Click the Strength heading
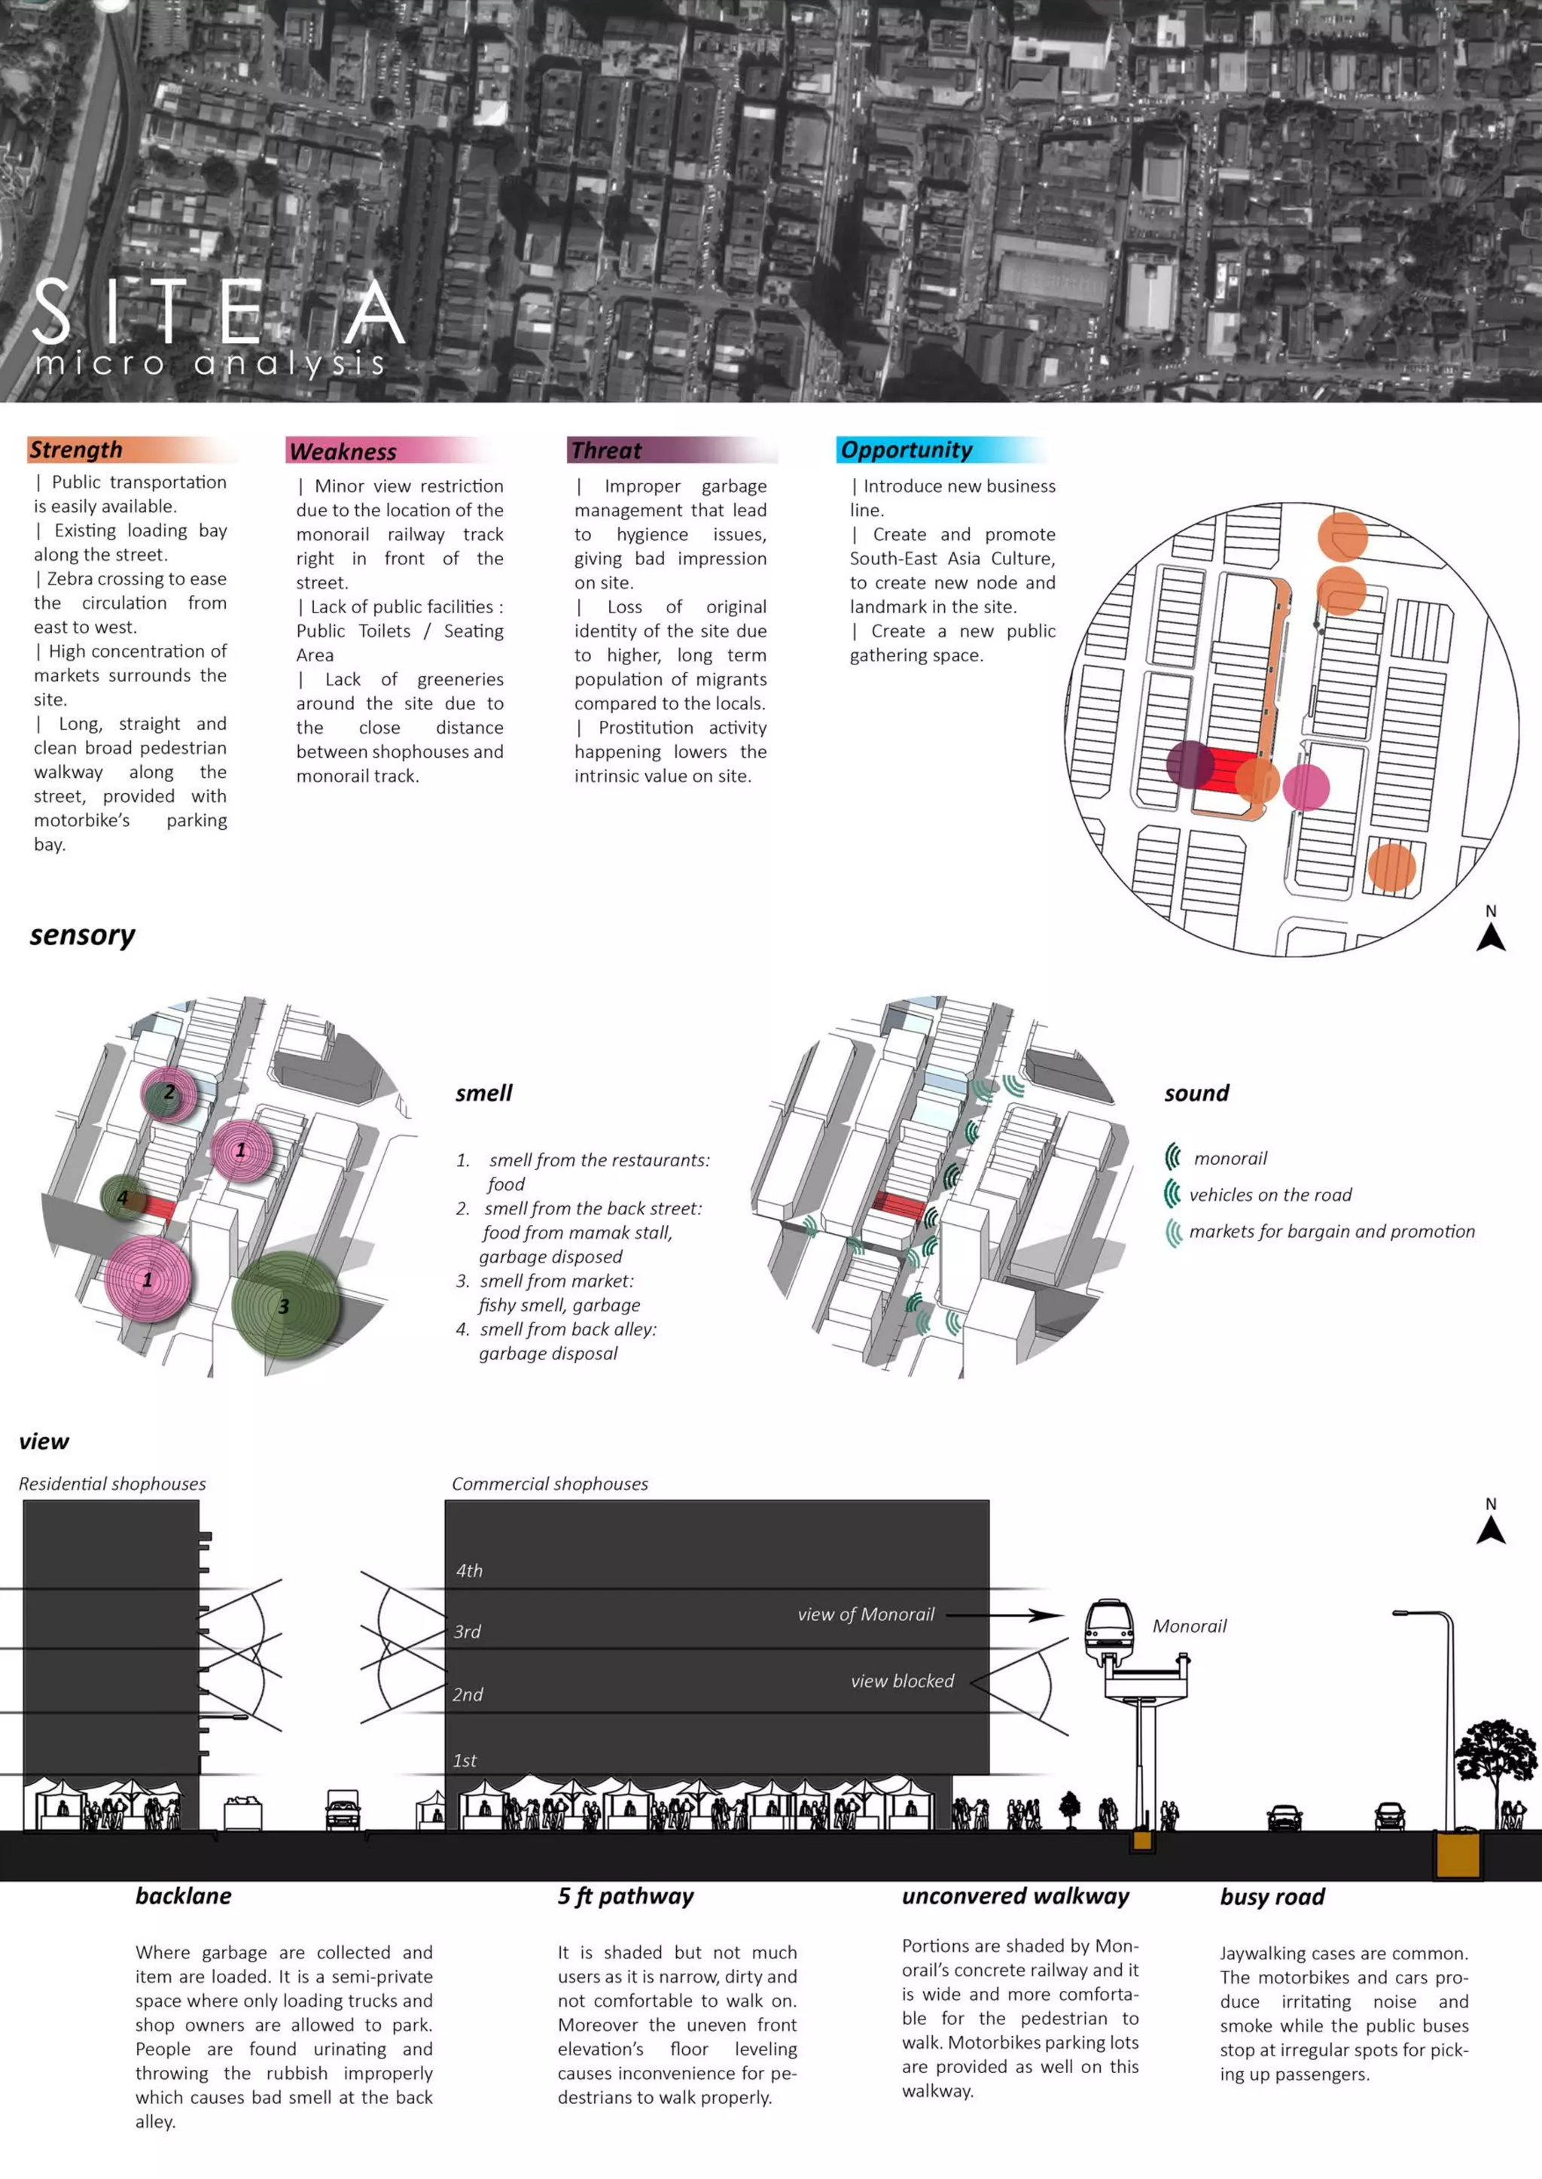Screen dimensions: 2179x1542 click(x=76, y=449)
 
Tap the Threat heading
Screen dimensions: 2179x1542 click(x=606, y=451)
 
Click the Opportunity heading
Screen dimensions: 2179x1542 click(x=906, y=450)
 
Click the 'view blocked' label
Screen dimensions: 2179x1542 click(x=902, y=1681)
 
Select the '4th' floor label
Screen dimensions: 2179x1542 click(x=469, y=1570)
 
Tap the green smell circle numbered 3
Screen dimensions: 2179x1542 click(x=284, y=1307)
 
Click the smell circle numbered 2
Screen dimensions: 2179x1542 click(x=169, y=1093)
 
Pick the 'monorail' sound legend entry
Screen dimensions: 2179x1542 click(x=1230, y=1158)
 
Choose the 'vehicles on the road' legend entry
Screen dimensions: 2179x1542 click(x=1269, y=1195)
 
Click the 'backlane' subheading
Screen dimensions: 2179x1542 click(x=183, y=1896)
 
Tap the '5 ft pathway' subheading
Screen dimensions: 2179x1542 click(x=626, y=1896)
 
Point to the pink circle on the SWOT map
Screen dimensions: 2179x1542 click(x=1306, y=787)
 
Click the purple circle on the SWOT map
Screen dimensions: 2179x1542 click(x=1190, y=765)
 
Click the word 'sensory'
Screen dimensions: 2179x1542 click(x=83, y=936)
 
